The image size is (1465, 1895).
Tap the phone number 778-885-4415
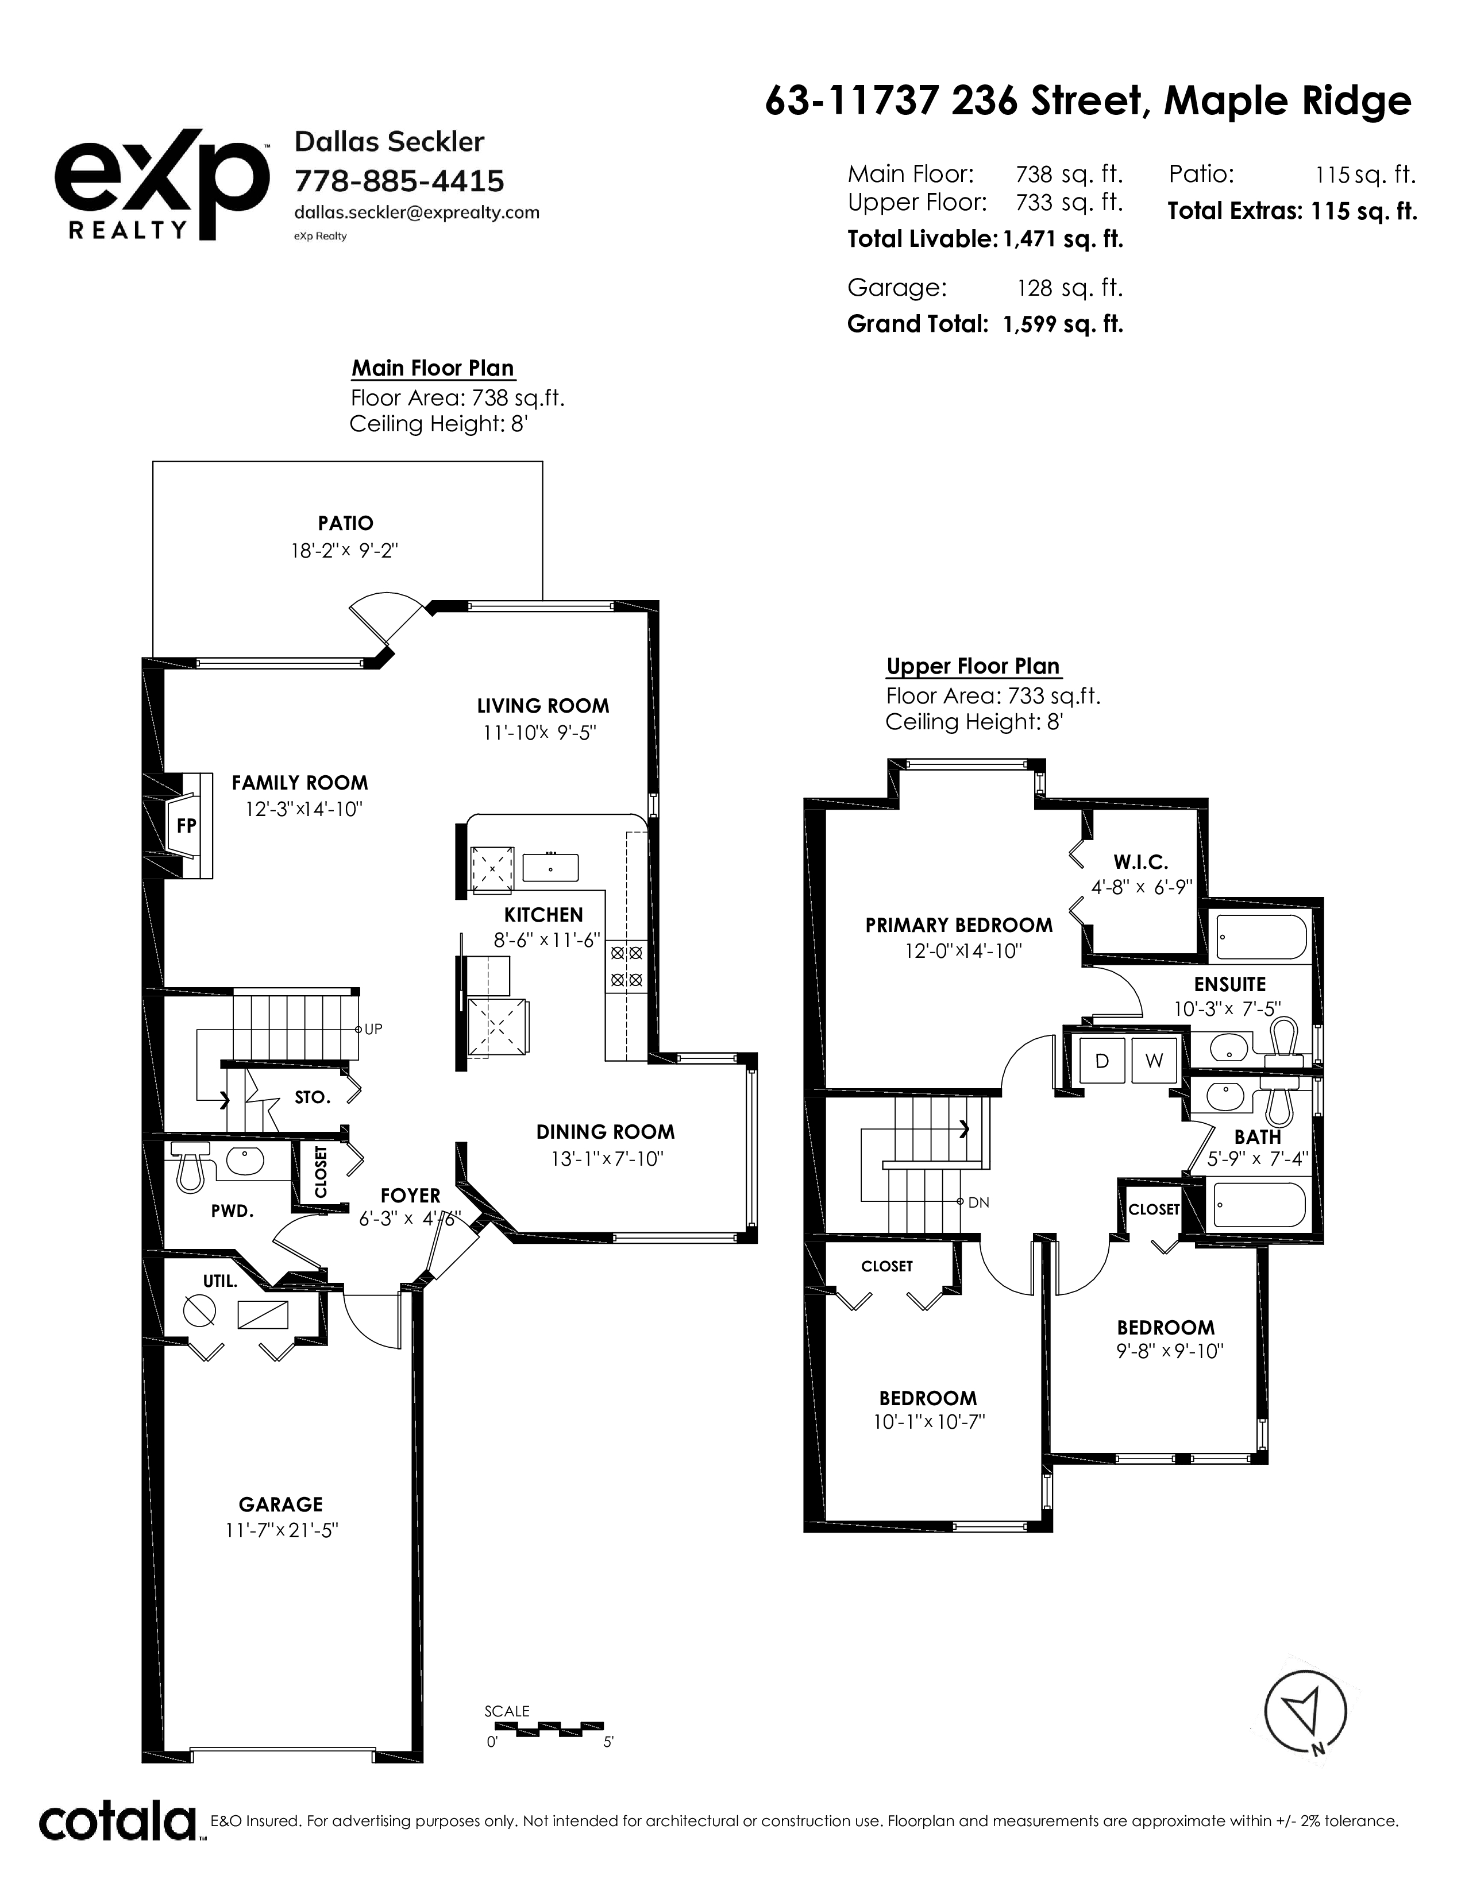[x=399, y=181]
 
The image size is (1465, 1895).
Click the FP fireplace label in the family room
[x=186, y=825]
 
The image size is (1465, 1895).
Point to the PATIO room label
[x=345, y=523]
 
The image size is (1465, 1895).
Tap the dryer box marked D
[x=1101, y=1060]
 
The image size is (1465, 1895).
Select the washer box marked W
[x=1154, y=1060]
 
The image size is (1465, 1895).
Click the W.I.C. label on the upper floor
[x=1140, y=861]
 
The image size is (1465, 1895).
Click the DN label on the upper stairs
[x=979, y=1202]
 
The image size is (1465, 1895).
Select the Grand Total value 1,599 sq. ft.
[x=1062, y=324]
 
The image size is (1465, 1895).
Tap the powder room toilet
[x=190, y=1163]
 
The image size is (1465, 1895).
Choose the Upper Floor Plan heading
[x=973, y=666]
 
